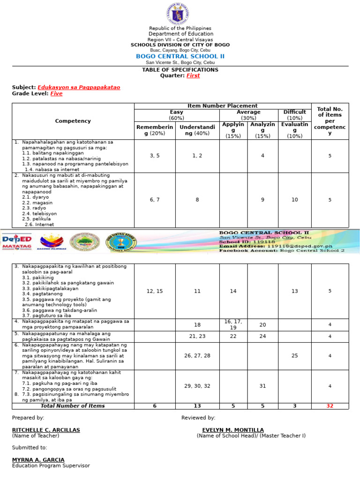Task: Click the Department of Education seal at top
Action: pos(180,14)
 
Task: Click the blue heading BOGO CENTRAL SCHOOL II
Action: pos(180,56)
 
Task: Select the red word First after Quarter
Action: pos(193,75)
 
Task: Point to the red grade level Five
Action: pos(56,94)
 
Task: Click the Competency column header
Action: pos(73,121)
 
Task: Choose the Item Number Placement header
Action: pos(222,106)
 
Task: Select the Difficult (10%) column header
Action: pos(294,115)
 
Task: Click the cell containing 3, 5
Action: pos(155,156)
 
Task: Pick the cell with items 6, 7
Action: pos(155,200)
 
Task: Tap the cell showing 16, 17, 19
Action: pos(233,324)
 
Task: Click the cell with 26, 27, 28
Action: pos(197,356)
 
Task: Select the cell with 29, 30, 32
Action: pos(197,386)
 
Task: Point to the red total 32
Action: pos(330,406)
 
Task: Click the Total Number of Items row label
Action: pos(73,406)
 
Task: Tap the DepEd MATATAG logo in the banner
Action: pos(17,242)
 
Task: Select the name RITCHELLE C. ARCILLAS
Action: pos(46,430)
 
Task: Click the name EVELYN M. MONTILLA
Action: pos(233,430)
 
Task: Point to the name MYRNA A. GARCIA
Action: pos(38,460)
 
